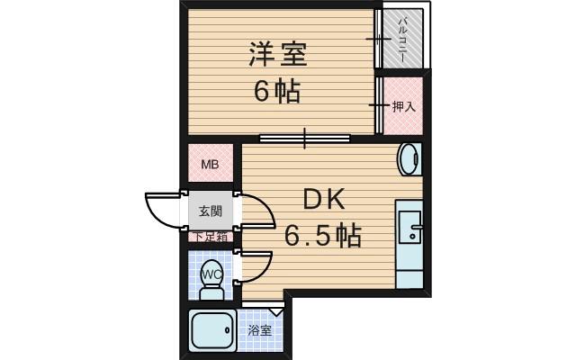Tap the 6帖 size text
[x=276, y=92]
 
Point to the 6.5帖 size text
[x=323, y=236]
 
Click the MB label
[x=210, y=165]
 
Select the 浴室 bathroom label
[x=260, y=331]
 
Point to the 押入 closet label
[x=404, y=107]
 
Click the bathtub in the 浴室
[x=212, y=333]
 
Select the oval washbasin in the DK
[x=408, y=160]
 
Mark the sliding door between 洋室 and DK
[x=304, y=138]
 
